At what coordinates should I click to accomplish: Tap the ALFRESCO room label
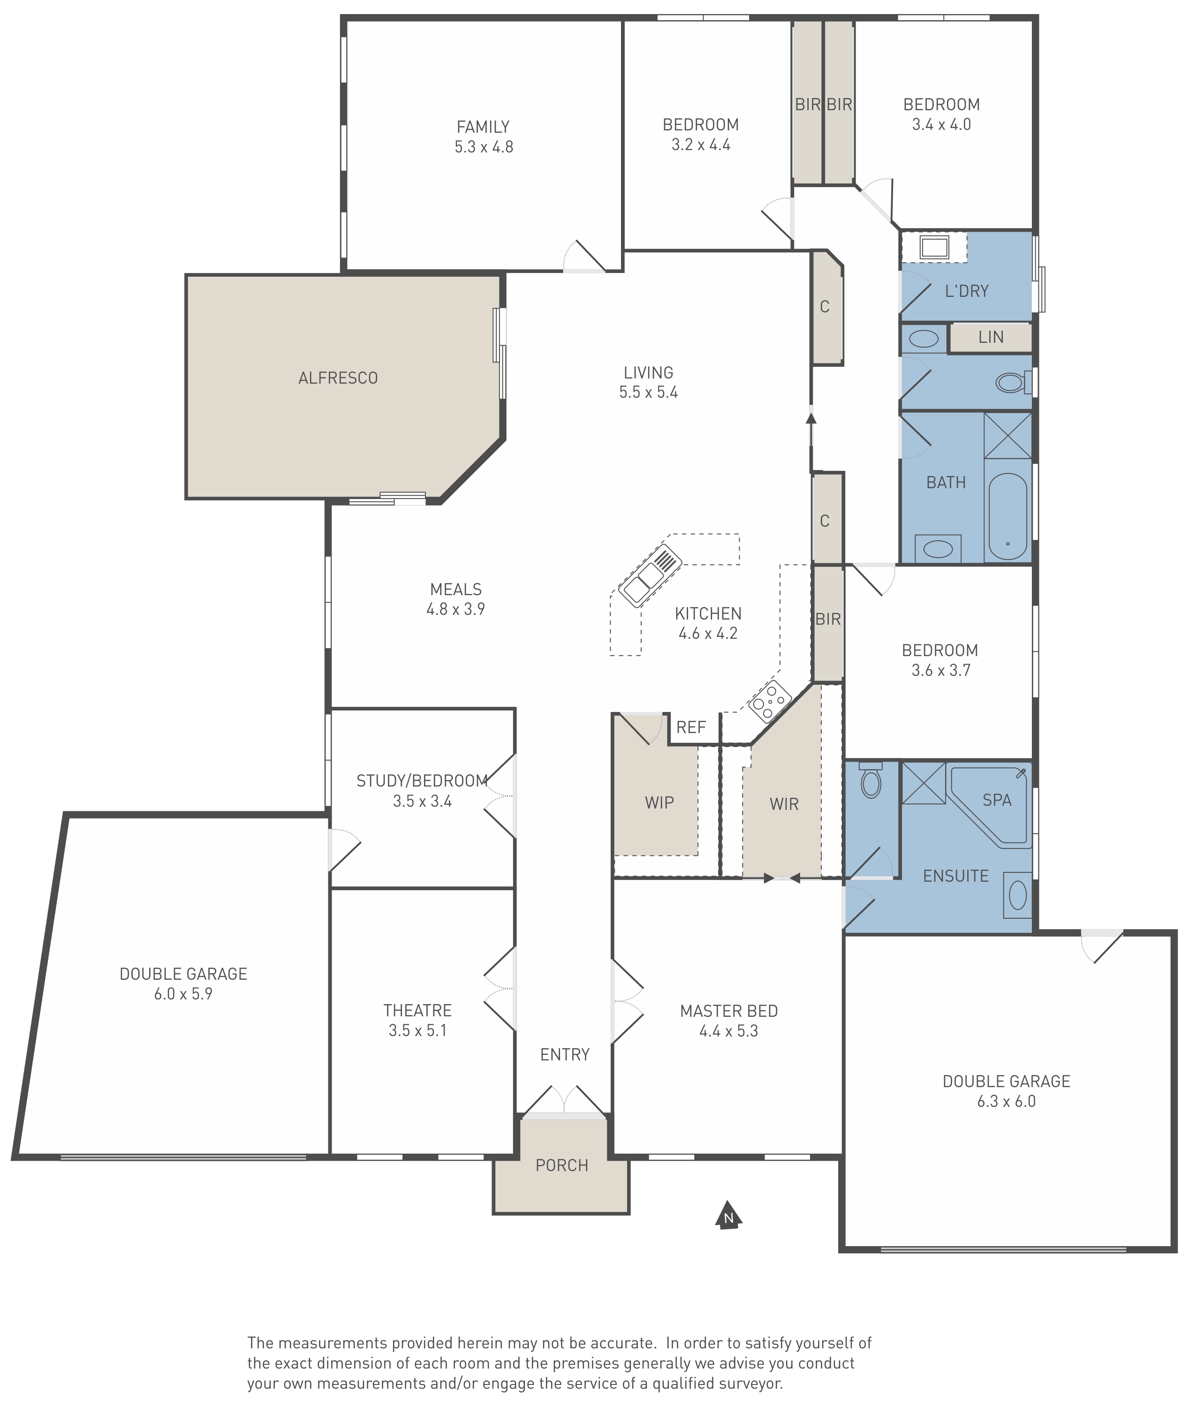click(x=338, y=378)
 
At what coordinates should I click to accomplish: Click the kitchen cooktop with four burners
click(x=770, y=702)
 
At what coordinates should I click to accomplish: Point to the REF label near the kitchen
click(x=691, y=727)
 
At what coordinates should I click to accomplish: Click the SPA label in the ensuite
click(x=997, y=800)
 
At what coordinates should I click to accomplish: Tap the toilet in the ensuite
click(x=871, y=780)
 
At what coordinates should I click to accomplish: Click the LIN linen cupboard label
click(x=991, y=337)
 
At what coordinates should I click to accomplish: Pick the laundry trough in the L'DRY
click(x=934, y=247)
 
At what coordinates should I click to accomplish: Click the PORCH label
click(x=561, y=1165)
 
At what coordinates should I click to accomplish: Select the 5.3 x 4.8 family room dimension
click(x=483, y=147)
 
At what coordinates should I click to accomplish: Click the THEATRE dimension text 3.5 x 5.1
click(x=417, y=1030)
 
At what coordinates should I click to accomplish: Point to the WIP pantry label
click(x=659, y=802)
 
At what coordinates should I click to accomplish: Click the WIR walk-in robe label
click(x=784, y=804)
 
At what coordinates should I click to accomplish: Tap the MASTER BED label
click(x=728, y=1011)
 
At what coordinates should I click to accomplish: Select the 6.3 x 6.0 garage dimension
click(x=1007, y=1101)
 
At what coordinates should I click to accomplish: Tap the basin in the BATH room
click(x=938, y=549)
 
